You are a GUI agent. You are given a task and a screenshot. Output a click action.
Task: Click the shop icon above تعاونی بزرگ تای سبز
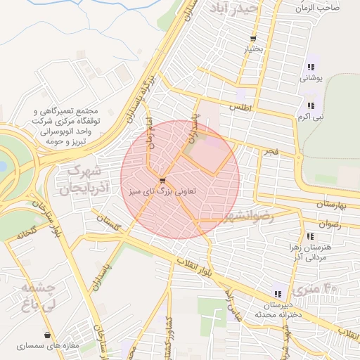tap(162, 181)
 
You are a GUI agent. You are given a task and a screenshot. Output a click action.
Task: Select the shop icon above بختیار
tap(252, 39)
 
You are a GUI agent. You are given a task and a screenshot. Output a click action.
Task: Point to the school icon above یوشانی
tap(310, 68)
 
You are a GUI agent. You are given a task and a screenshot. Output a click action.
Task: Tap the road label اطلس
tap(240, 107)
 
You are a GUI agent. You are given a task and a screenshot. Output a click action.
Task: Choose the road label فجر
tap(270, 152)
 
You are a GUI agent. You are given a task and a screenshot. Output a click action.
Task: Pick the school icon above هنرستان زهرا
tap(310, 237)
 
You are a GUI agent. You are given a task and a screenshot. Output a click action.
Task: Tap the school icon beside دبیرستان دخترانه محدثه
tap(278, 294)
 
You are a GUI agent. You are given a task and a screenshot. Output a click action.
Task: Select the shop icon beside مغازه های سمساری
tap(47, 335)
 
